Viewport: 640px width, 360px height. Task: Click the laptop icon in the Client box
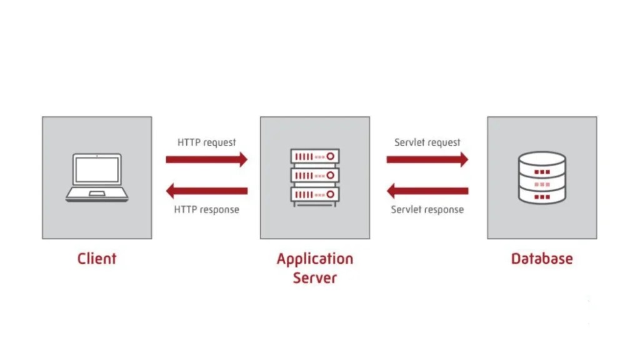tap(96, 177)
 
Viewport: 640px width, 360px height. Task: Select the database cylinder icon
tap(542, 177)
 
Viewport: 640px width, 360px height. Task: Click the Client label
tap(97, 258)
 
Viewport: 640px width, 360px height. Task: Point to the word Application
tap(314, 259)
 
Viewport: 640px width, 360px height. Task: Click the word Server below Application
tap(314, 278)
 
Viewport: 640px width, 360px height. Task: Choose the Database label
tap(541, 258)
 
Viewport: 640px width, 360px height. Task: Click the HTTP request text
tap(207, 142)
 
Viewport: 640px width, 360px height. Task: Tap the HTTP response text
tap(206, 209)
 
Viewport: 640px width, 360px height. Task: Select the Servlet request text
tap(427, 142)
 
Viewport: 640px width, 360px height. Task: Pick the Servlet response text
tap(427, 209)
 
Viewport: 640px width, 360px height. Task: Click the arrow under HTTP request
tap(207, 159)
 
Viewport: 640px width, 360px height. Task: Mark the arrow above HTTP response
tap(207, 191)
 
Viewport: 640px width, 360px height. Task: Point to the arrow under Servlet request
tap(427, 159)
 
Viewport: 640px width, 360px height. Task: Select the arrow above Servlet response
tap(427, 191)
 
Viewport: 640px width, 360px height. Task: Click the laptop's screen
tap(96, 170)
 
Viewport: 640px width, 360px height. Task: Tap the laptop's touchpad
tap(96, 194)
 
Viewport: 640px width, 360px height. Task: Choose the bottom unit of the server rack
tap(314, 194)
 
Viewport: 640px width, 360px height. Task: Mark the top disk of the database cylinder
tap(542, 160)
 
